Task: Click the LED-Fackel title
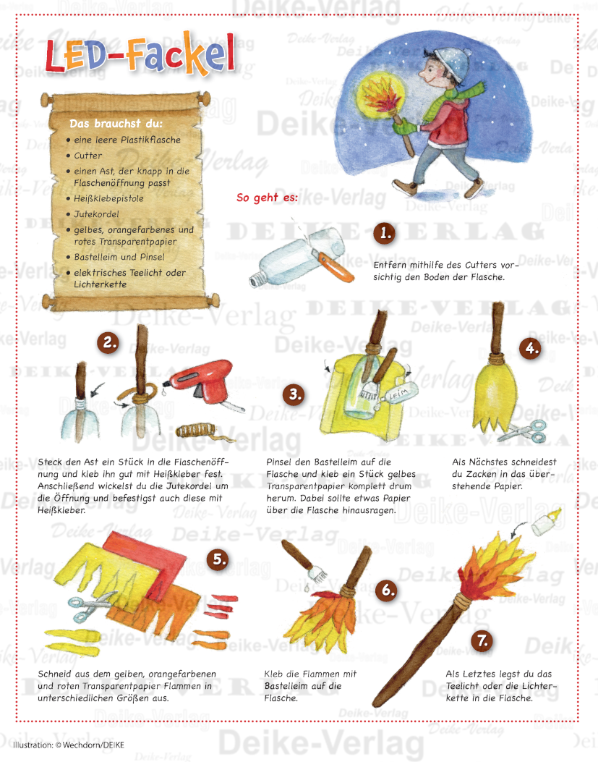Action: click(140, 54)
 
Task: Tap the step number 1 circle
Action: click(385, 233)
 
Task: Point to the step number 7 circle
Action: click(482, 640)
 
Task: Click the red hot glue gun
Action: click(203, 384)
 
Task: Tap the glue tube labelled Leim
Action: click(398, 394)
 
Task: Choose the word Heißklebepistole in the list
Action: click(108, 199)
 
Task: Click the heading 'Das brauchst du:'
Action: click(116, 124)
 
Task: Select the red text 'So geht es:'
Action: click(267, 198)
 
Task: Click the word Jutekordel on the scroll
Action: click(96, 214)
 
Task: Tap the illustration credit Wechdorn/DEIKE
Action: click(69, 745)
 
